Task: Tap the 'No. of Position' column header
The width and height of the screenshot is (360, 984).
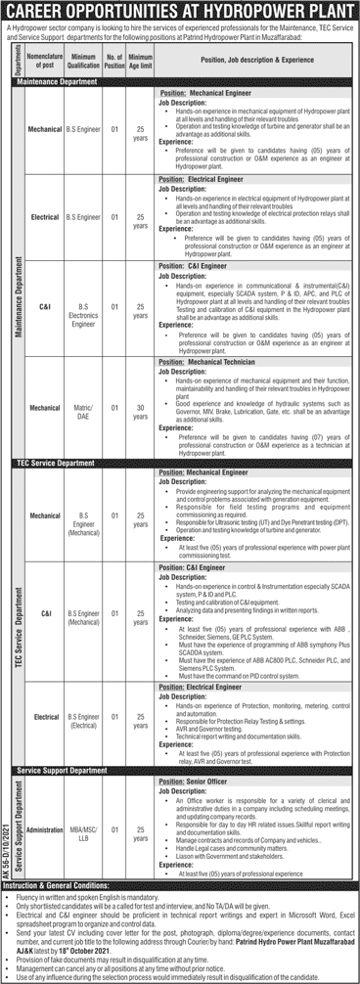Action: pos(115,61)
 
